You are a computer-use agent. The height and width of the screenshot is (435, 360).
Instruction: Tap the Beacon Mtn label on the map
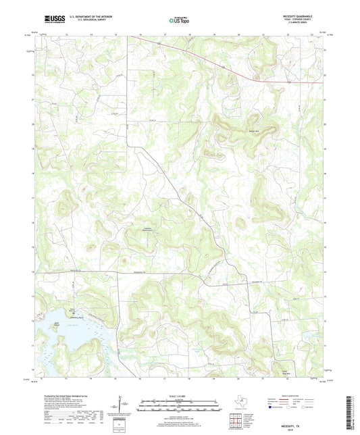(235, 128)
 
